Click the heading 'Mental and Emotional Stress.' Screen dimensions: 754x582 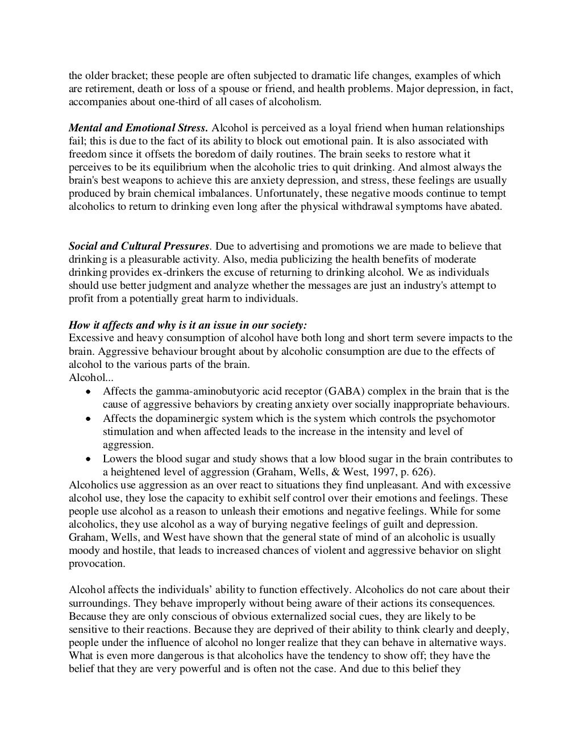pos(139,128)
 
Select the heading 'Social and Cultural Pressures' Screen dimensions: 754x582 pos(139,246)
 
